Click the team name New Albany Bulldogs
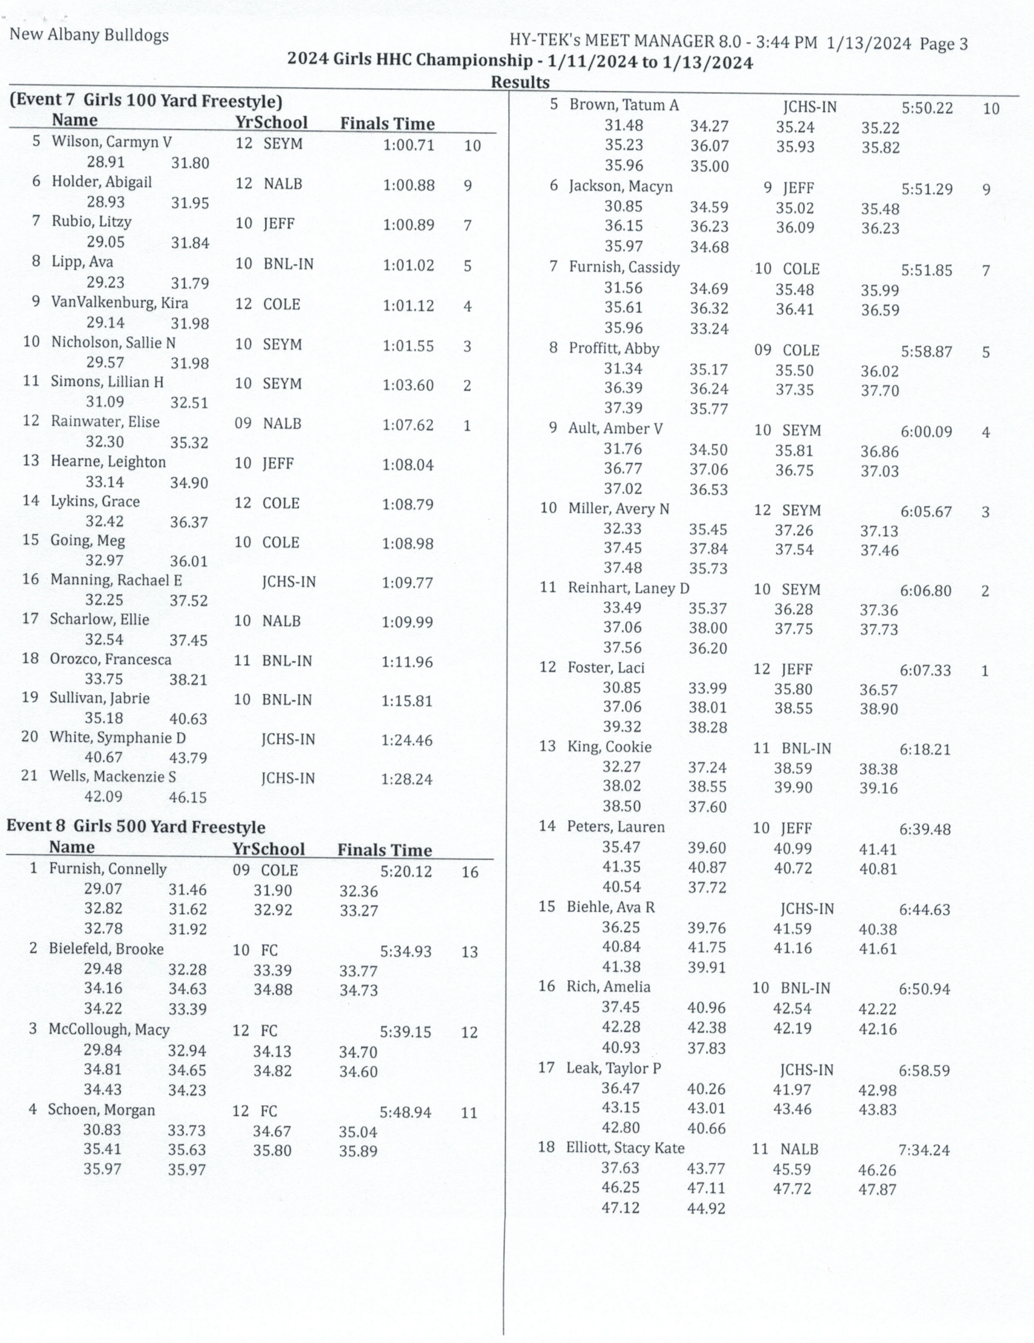(89, 35)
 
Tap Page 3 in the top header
(943, 44)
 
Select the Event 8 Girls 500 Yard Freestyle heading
(136, 827)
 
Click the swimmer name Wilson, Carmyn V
(111, 142)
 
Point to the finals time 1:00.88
(408, 185)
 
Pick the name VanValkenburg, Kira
(119, 303)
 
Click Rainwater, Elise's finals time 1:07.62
(408, 425)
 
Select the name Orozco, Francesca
(110, 659)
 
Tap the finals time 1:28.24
(406, 779)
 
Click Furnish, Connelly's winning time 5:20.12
(406, 872)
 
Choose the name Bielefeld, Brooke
(106, 949)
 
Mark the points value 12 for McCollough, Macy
(469, 1032)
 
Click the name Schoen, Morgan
(101, 1110)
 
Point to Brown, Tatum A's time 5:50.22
(927, 108)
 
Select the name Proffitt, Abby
(614, 349)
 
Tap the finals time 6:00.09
(926, 431)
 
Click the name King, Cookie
(609, 747)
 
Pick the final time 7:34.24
(924, 1150)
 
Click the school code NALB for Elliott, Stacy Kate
(799, 1149)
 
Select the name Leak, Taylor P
(613, 1068)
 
